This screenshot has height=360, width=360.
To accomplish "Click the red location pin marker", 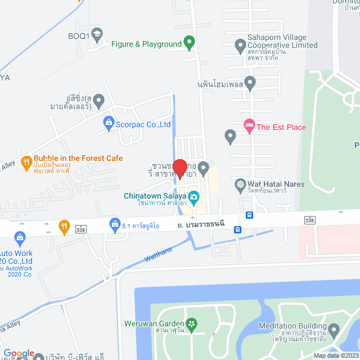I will (179, 168).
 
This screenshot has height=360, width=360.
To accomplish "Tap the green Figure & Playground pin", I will (190, 43).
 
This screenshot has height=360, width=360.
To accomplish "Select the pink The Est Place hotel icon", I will (249, 127).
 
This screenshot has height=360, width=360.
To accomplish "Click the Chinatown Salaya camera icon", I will (194, 196).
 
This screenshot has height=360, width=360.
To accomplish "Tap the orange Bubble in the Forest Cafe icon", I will (26, 163).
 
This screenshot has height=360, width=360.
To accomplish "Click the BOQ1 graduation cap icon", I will (97, 35).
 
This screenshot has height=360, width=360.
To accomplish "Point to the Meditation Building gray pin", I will (334, 328).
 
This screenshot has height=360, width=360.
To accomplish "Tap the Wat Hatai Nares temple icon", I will (240, 184).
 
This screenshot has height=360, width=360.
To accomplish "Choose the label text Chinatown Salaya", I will (156, 195).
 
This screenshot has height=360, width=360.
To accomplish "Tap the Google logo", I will (19, 353).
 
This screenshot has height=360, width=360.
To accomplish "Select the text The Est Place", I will (281, 127).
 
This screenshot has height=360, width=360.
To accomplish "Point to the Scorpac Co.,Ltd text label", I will (143, 124).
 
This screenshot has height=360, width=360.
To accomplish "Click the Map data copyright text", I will (335, 355).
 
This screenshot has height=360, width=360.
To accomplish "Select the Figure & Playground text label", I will (146, 44).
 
